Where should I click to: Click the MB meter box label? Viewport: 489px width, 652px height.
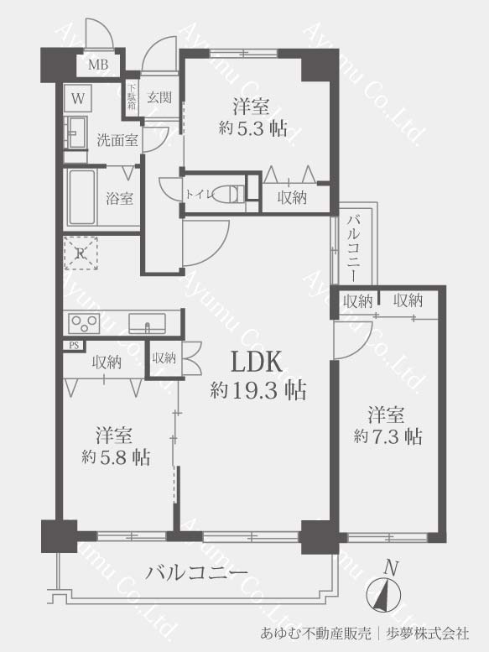pyautogui.click(x=98, y=65)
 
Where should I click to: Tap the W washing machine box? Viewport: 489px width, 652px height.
pyautogui.click(x=78, y=98)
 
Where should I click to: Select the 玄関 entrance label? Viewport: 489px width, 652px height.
pyautogui.click(x=159, y=97)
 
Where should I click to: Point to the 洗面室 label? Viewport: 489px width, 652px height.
pyautogui.click(x=117, y=140)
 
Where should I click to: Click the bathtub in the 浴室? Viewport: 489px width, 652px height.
pyautogui.click(x=81, y=197)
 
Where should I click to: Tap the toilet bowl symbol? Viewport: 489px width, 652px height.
pyautogui.click(x=228, y=194)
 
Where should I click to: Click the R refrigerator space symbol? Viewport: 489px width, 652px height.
pyautogui.click(x=81, y=253)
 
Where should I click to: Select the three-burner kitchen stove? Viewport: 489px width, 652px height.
pyautogui.click(x=84, y=323)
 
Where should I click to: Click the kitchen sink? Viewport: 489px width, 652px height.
pyautogui.click(x=147, y=323)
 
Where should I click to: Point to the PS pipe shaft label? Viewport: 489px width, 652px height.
pyautogui.click(x=74, y=345)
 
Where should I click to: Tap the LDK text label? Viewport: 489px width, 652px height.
pyautogui.click(x=257, y=362)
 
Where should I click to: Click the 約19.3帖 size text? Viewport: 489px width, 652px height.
pyautogui.click(x=258, y=390)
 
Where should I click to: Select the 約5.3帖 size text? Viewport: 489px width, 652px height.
pyautogui.click(x=253, y=128)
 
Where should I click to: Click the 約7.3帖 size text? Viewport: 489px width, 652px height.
pyautogui.click(x=388, y=436)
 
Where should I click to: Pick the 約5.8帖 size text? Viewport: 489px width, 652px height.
pyautogui.click(x=116, y=457)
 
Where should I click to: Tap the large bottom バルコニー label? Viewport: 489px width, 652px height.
pyautogui.click(x=196, y=573)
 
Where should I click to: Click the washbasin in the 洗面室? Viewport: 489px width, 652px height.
pyautogui.click(x=75, y=133)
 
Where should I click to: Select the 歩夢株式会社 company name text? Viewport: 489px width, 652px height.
pyautogui.click(x=428, y=634)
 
